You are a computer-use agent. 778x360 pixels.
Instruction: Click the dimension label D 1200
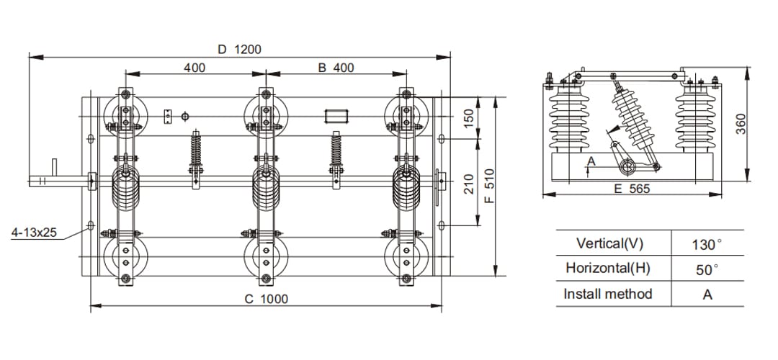pos(239,50)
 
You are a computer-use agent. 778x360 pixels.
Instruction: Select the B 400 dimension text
pos(336,68)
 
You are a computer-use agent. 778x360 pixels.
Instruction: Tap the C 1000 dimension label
pos(266,299)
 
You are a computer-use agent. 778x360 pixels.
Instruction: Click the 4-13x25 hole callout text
pos(35,233)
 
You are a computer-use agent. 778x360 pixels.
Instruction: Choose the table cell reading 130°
pos(706,244)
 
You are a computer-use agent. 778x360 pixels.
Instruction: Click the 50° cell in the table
pos(706,269)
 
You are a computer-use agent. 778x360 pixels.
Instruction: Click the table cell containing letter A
pos(707,294)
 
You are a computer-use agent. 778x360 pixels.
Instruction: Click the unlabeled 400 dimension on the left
pos(194,68)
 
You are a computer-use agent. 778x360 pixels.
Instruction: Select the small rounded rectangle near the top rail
pos(336,116)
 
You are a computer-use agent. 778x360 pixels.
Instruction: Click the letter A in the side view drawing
pos(591,161)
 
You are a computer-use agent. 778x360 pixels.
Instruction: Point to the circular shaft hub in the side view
pos(627,167)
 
